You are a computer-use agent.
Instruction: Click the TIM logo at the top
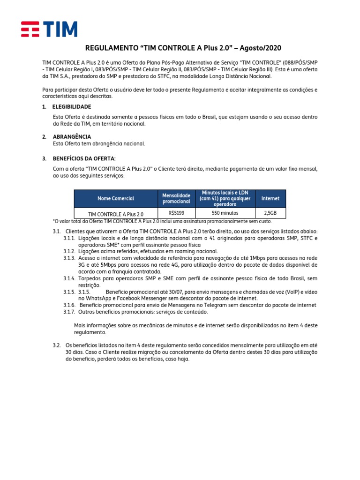click(x=49, y=29)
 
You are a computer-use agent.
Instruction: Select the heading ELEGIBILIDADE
click(x=72, y=107)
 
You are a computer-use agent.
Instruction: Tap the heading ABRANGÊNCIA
click(x=72, y=136)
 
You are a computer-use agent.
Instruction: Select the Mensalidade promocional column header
click(x=176, y=198)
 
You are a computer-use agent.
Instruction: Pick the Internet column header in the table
click(x=270, y=199)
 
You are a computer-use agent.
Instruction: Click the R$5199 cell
click(x=176, y=213)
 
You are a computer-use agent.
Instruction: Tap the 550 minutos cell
click(x=225, y=213)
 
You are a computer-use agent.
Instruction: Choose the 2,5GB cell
click(x=270, y=213)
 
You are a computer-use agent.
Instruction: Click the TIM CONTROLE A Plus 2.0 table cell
click(x=116, y=214)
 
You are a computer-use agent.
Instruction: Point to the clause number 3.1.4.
click(x=69, y=278)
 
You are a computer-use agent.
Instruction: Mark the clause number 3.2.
click(x=57, y=345)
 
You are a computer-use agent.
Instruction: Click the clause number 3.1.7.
click(x=69, y=312)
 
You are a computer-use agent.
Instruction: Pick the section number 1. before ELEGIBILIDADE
click(x=44, y=107)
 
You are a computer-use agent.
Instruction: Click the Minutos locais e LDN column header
click(x=225, y=198)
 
